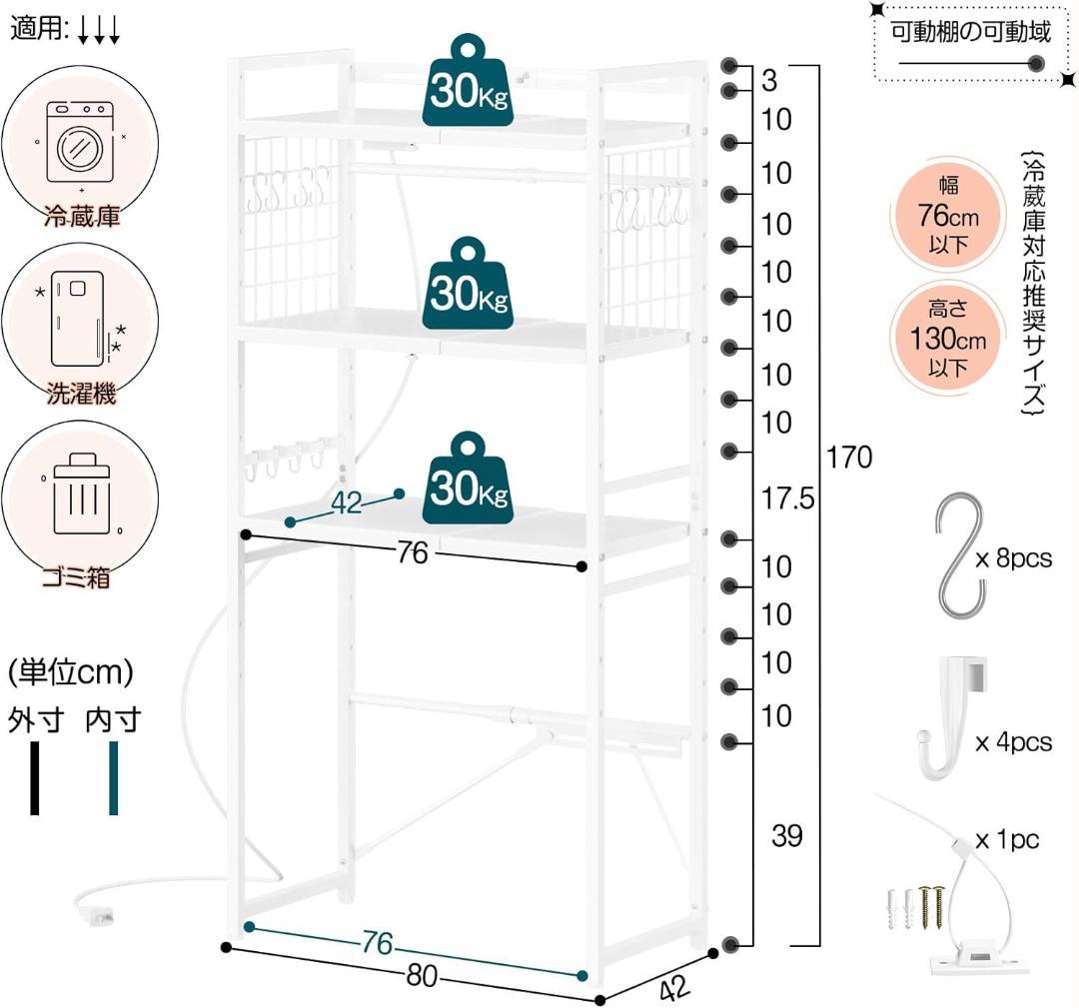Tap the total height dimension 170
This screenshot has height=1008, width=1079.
[x=849, y=458]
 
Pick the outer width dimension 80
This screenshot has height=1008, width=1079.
[x=422, y=976]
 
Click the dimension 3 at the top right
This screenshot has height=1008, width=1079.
[x=768, y=81]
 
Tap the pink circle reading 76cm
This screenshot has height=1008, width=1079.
[x=943, y=217]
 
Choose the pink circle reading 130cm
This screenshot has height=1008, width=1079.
[x=943, y=340]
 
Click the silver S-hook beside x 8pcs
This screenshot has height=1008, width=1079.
[x=961, y=555]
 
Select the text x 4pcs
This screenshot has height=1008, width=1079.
[x=1014, y=742]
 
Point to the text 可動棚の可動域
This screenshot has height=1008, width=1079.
[x=971, y=33]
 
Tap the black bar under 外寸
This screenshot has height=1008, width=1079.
[x=35, y=778]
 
